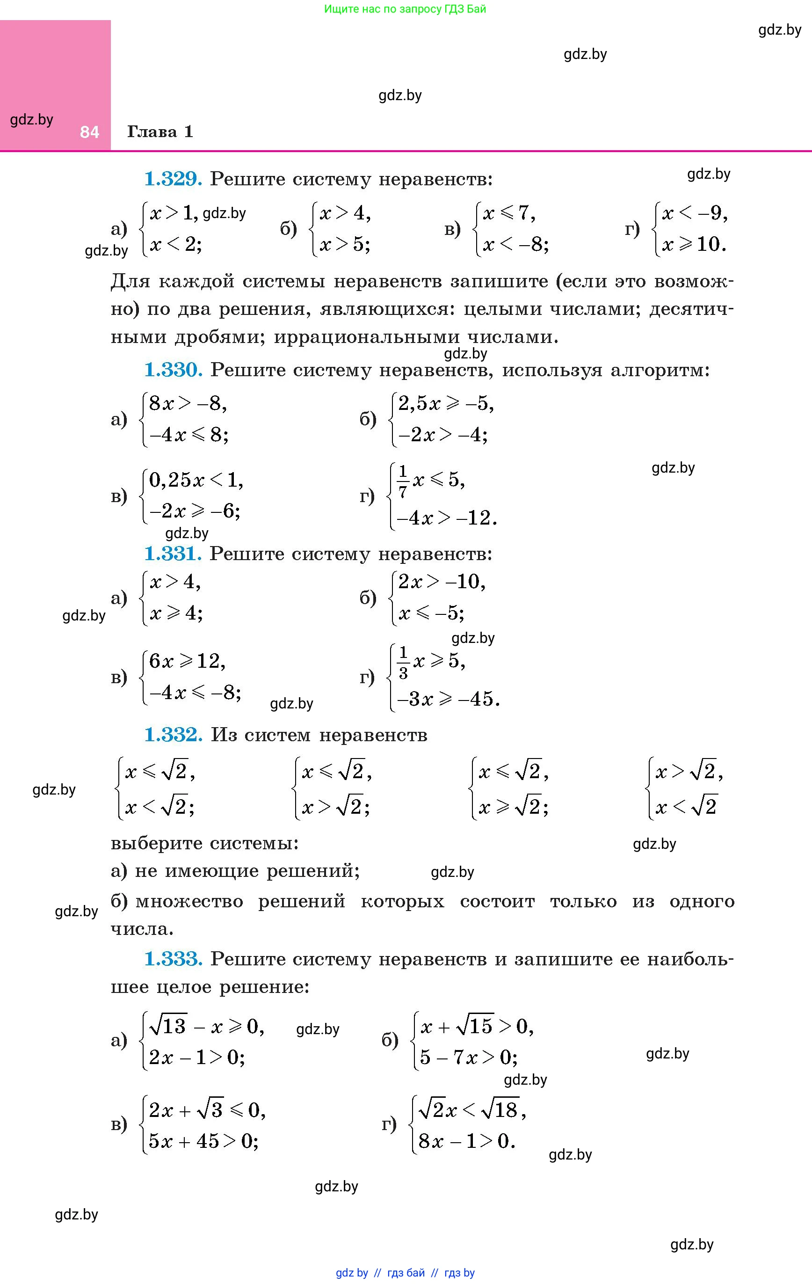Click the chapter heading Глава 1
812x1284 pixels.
coord(160,131)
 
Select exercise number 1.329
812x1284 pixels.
coord(173,179)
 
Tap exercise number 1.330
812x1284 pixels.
coord(173,370)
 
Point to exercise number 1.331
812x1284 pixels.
coord(173,554)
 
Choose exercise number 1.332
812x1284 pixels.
coord(173,735)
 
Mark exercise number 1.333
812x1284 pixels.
coord(173,959)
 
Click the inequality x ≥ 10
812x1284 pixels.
coord(694,245)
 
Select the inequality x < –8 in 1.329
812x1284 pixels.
coord(515,245)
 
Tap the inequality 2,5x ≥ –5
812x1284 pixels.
coord(446,404)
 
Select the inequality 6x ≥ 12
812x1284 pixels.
coord(187,662)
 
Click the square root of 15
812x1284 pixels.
coord(475,1025)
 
